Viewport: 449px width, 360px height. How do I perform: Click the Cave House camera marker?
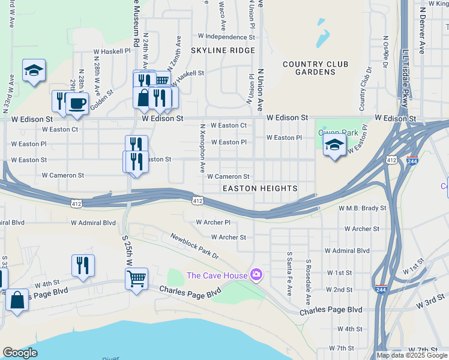point(256,274)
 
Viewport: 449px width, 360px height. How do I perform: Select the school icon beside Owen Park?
point(334,145)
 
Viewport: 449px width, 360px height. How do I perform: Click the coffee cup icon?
point(77,103)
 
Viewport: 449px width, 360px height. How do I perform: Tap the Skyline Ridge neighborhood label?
point(223,50)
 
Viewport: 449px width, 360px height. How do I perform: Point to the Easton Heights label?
point(260,188)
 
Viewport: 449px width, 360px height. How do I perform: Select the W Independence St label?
point(222,37)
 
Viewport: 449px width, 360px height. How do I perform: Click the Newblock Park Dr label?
point(194,246)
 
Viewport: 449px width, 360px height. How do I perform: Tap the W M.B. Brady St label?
point(363,208)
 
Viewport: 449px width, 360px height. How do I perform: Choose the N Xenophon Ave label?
point(203,148)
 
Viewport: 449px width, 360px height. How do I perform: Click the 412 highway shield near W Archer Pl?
point(197,200)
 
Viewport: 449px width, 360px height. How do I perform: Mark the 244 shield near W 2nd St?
point(380,289)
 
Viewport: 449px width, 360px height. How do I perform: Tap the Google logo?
point(20,353)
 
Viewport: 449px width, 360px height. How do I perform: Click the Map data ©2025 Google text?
point(412,355)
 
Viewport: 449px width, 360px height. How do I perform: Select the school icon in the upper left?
point(34,70)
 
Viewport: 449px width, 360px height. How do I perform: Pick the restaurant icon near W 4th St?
point(83,265)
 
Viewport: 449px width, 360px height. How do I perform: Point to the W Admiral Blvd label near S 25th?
point(93,223)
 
